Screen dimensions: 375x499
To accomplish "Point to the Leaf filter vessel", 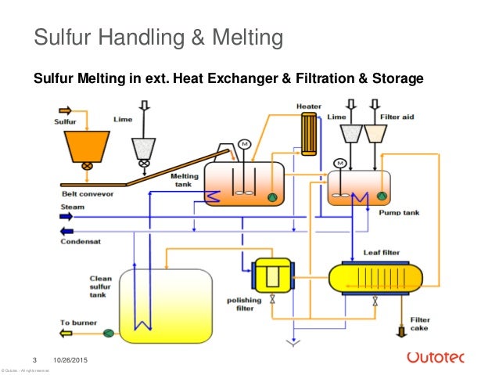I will point(375,276).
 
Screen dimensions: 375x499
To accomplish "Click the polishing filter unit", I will point(271,276).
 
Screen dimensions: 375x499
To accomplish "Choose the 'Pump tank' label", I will point(395,212).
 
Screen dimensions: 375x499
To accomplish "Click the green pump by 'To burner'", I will point(109,334).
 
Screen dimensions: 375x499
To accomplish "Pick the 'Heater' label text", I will point(308,106).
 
